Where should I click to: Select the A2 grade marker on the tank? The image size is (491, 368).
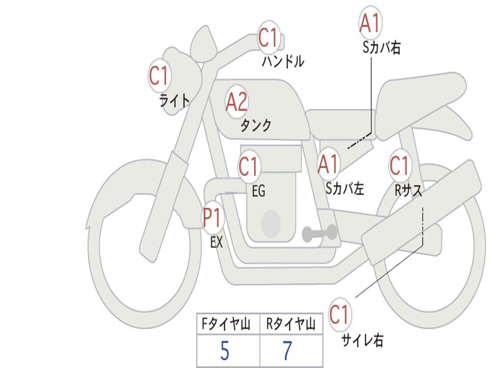pyautogui.click(x=236, y=102)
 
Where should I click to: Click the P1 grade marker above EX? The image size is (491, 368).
pyautogui.click(x=212, y=218)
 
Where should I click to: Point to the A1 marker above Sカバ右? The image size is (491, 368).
pyautogui.click(x=370, y=23)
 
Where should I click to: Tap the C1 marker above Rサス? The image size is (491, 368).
pyautogui.click(x=399, y=166)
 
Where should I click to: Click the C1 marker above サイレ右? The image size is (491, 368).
pyautogui.click(x=339, y=315)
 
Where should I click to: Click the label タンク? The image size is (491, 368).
pyautogui.click(x=256, y=126)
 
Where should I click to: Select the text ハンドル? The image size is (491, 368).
pyautogui.click(x=283, y=61)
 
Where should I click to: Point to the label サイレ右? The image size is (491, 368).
pyautogui.click(x=362, y=340)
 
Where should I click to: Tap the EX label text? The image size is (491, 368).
pyautogui.click(x=217, y=242)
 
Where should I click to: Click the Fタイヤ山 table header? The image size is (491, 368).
pyautogui.click(x=228, y=325)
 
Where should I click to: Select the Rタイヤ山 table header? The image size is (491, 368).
pyautogui.click(x=291, y=325)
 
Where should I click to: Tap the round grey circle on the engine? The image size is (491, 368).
pyautogui.click(x=270, y=223)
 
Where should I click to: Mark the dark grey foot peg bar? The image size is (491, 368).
pyautogui.click(x=319, y=233)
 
